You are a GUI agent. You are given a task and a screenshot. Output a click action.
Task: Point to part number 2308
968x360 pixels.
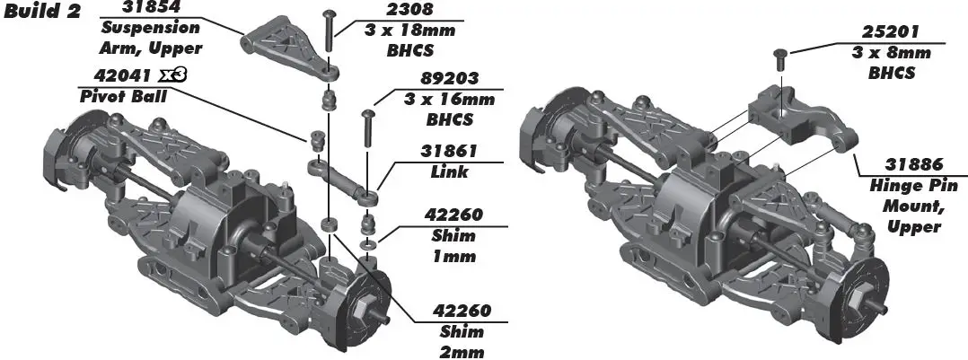(410, 10)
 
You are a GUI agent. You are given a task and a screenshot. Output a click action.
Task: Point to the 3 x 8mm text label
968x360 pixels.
(890, 53)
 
